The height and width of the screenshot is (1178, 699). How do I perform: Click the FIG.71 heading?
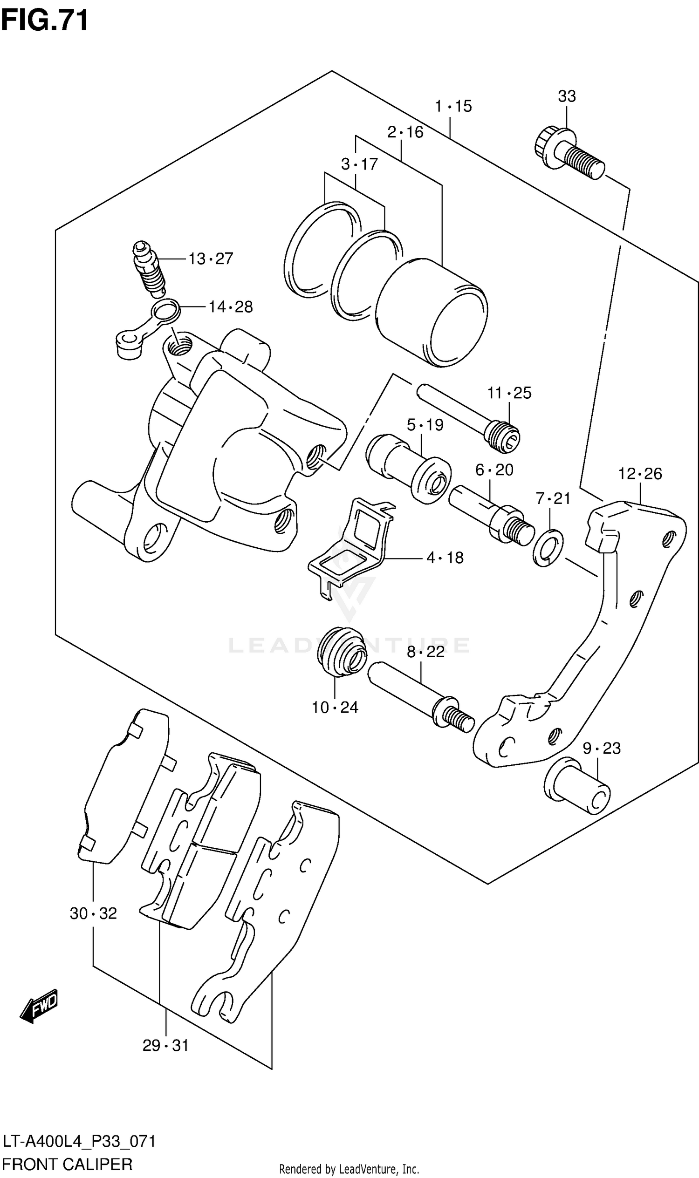45,20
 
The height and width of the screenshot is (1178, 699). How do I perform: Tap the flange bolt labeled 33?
569,152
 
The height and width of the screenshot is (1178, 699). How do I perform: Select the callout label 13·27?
211,259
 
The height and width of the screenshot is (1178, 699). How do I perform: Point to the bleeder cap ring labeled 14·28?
166,312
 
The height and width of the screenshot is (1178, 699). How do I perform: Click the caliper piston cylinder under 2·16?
432,312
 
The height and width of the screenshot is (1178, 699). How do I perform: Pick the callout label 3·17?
359,164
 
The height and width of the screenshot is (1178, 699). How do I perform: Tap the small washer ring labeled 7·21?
548,548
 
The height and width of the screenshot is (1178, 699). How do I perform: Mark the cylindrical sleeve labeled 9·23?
577,785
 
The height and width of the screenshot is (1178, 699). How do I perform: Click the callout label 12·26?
640,473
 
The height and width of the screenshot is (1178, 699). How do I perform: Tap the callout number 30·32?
93,913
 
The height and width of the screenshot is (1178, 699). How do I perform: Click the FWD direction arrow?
39,1006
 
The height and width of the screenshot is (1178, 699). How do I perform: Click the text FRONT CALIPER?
68,1164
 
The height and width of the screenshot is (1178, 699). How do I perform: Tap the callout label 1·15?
452,106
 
